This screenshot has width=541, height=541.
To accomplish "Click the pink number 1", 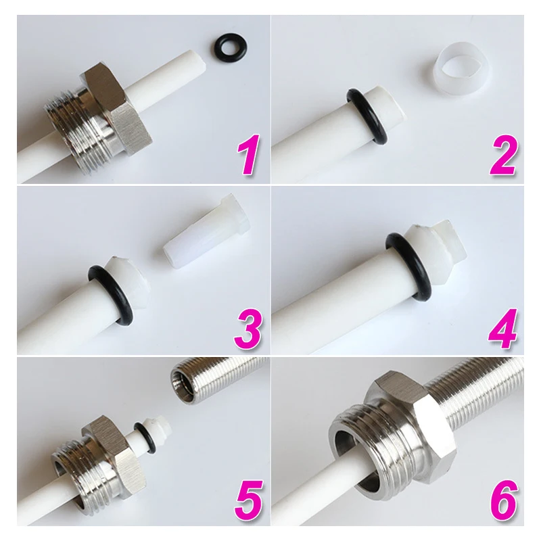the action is click(x=248, y=154).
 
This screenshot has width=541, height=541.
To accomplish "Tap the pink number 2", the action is click(x=503, y=154).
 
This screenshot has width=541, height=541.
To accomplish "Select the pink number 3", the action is click(x=248, y=329).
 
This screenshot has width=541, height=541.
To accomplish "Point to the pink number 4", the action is click(x=502, y=329).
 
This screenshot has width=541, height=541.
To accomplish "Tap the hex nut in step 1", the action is click(x=117, y=108).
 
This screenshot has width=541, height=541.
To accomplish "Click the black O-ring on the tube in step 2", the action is click(x=367, y=115).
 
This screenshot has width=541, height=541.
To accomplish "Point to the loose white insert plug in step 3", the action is click(x=207, y=235).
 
